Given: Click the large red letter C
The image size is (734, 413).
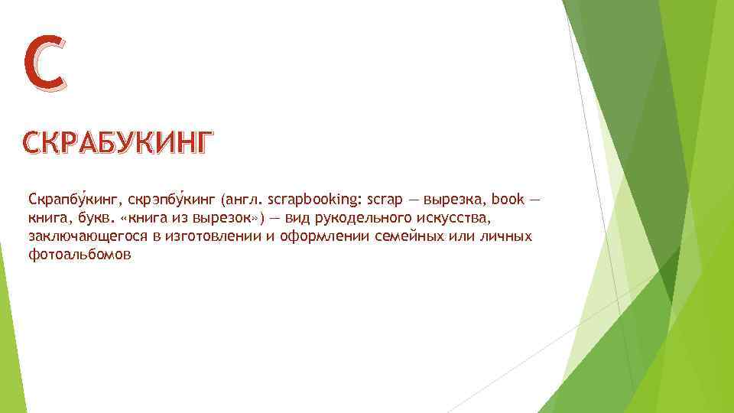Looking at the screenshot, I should (x=45, y=63).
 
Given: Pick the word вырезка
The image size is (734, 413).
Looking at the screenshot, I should (x=457, y=200).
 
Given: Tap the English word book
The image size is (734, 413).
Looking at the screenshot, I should (x=508, y=200).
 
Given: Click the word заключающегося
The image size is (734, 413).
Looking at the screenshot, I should (x=87, y=237).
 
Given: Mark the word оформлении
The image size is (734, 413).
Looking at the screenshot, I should (x=320, y=237).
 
